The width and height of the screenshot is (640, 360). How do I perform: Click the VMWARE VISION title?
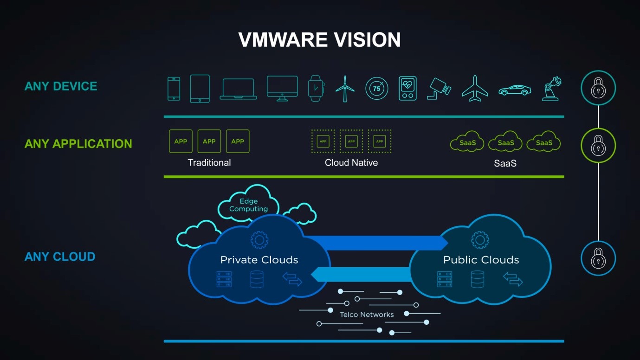click(319, 39)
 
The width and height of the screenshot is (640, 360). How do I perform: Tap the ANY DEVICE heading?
click(61, 86)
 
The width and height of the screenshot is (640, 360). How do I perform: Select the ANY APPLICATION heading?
click(78, 144)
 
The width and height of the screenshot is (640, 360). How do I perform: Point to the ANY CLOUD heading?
click(60, 257)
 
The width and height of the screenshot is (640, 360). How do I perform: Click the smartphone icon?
click(174, 89)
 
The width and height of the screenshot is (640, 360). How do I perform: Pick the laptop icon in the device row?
click(238, 89)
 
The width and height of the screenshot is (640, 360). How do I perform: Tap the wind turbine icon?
click(345, 89)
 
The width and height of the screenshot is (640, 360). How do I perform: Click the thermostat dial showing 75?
click(377, 89)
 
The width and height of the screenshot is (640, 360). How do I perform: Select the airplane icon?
click(475, 89)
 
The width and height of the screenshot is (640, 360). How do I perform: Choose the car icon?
click(515, 90)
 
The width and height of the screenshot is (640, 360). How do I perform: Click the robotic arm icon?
click(552, 89)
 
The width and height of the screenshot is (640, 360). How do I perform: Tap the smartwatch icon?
click(316, 89)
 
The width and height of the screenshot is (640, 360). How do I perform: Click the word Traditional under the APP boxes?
click(209, 163)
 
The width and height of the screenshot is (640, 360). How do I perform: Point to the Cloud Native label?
click(351, 163)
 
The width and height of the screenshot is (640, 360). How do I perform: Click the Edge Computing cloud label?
click(249, 205)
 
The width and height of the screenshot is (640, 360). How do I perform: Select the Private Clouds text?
click(259, 260)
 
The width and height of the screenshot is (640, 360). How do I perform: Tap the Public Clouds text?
click(481, 260)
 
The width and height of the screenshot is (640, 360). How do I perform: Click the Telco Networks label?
click(367, 315)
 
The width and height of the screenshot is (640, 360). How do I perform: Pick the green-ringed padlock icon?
click(598, 146)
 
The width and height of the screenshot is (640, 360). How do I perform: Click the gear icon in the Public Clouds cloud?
click(480, 240)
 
